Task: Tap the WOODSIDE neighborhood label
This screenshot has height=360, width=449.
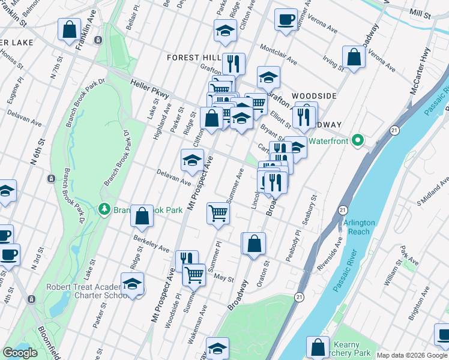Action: point(314,96)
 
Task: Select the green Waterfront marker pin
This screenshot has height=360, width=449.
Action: point(358,141)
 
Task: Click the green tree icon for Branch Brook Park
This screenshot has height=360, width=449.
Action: point(103,208)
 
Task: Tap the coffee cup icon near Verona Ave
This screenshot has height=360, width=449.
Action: point(286,18)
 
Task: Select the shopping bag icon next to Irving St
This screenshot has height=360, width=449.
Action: point(354,56)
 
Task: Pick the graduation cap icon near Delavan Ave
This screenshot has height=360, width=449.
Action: point(192,159)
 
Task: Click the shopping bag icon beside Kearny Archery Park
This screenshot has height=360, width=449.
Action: point(318,347)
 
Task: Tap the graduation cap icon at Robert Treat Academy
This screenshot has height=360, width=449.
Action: point(132,284)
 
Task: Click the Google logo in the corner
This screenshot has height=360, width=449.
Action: point(20,353)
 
